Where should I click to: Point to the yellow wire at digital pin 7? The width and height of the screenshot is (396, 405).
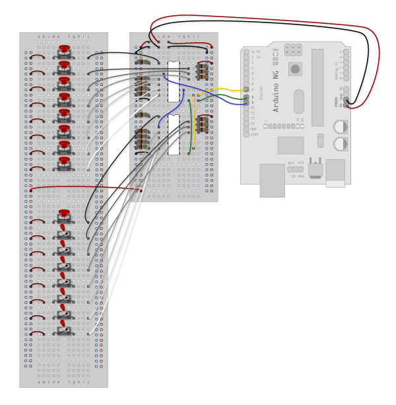[228, 89]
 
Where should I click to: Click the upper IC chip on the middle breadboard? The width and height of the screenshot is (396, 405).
[174, 81]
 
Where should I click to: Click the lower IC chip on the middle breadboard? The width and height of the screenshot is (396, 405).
[174, 135]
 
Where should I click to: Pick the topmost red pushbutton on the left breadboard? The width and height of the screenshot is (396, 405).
[64, 48]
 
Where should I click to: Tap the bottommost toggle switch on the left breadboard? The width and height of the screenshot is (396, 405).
[64, 328]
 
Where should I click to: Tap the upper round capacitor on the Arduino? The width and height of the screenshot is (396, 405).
[339, 126]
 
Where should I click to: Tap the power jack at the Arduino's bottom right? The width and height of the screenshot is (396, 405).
[335, 173]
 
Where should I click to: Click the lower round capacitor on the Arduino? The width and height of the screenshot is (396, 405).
[339, 143]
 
